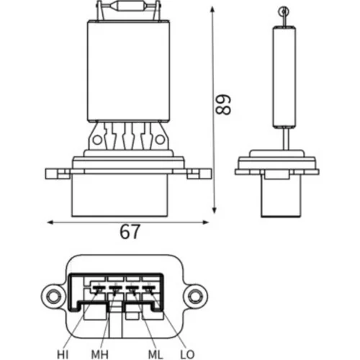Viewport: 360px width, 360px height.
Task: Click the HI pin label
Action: click(63, 354)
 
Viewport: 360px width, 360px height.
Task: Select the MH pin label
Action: click(100, 354)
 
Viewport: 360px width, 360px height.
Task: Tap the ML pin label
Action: click(156, 354)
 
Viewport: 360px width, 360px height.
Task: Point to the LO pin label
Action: click(187, 354)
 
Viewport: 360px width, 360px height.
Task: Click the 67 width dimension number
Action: click(130, 232)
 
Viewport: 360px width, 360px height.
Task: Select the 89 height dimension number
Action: click(223, 104)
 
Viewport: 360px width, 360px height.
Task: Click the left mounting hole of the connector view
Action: click(53, 297)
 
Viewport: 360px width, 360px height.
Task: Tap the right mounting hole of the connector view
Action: click(196, 297)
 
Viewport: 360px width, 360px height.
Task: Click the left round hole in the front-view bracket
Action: click(97, 140)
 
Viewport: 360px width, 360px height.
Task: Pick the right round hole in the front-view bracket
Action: click(160, 140)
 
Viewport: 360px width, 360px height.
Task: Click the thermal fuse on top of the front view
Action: click(129, 6)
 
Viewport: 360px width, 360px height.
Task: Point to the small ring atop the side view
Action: click(284, 12)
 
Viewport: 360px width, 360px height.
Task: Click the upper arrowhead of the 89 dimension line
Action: click(212, 9)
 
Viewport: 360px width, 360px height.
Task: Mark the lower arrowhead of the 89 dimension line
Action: click(215, 210)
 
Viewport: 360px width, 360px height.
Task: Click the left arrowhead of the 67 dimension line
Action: click(50, 222)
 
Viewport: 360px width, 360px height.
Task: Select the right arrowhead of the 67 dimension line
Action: click(206, 222)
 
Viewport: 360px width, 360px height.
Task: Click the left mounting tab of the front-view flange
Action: click(58, 174)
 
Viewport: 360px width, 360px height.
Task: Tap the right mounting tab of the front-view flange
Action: click(199, 174)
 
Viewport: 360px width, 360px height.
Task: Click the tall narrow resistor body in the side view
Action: click(284, 77)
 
